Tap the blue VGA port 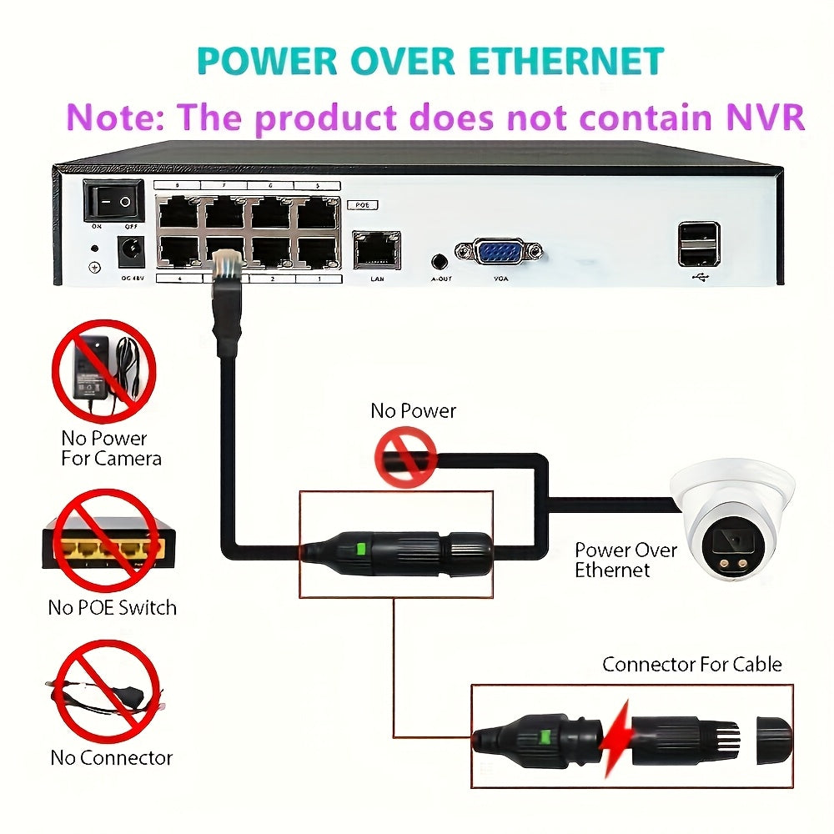(x=498, y=250)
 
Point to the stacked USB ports (x=699, y=244)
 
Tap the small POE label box (x=361, y=203)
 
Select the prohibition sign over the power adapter (x=104, y=372)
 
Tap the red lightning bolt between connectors (x=618, y=734)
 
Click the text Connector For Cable (x=691, y=665)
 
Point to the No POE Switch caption (x=112, y=607)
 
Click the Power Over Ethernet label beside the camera (x=625, y=560)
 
